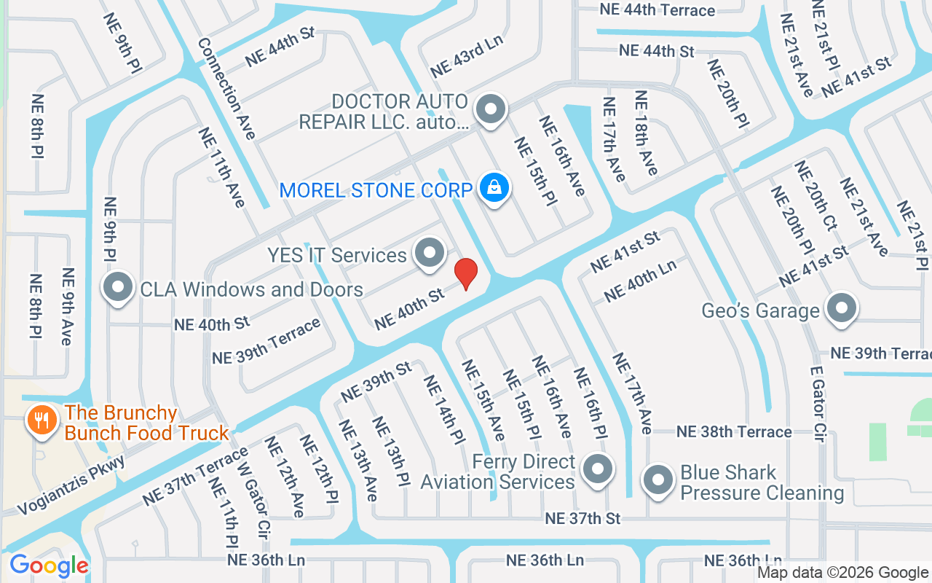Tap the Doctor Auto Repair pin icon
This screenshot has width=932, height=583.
click(x=490, y=110)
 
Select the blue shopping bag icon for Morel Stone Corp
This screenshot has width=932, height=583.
click(x=495, y=189)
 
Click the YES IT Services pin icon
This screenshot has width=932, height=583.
click(x=429, y=254)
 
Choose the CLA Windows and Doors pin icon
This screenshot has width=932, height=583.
click(x=117, y=288)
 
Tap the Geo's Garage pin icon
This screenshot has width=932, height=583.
click(x=842, y=309)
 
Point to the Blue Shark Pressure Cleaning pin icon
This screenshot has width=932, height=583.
click(x=660, y=481)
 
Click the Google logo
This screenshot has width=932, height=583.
click(x=49, y=566)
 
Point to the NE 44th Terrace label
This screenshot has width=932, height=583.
click(x=657, y=10)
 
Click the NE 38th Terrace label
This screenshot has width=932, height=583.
click(x=734, y=431)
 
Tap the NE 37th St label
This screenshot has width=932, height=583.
click(x=582, y=518)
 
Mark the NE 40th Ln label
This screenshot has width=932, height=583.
click(x=641, y=281)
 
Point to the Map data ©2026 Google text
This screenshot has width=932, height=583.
click(x=842, y=573)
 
